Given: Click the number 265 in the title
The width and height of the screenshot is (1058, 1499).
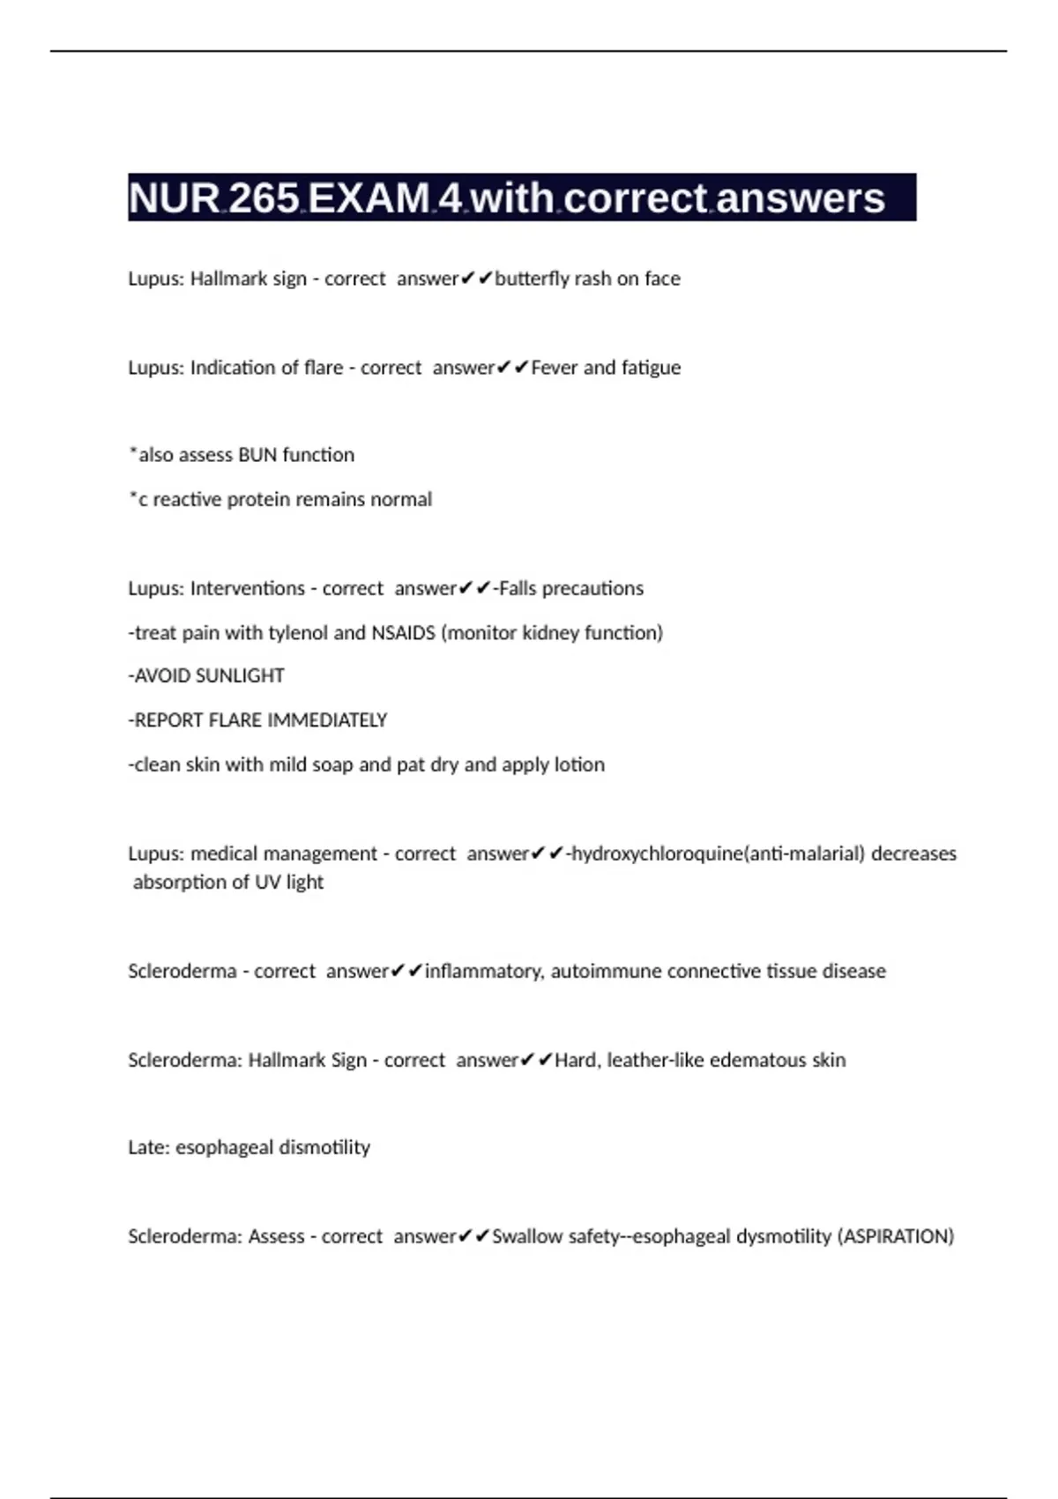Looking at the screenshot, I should (x=264, y=198).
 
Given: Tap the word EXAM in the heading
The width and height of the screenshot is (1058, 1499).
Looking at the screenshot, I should (x=369, y=198).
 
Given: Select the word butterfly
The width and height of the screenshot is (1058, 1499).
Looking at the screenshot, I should (x=533, y=279).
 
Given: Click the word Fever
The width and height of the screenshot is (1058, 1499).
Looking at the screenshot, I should (x=555, y=368).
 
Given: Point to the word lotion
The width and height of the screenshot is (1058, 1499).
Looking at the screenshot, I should (x=579, y=764).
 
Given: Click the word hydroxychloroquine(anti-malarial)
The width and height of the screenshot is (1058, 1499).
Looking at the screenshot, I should (x=719, y=854).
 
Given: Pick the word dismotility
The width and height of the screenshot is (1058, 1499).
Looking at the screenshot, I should (x=324, y=1147).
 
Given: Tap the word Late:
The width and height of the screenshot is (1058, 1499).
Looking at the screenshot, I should (x=149, y=1147).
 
